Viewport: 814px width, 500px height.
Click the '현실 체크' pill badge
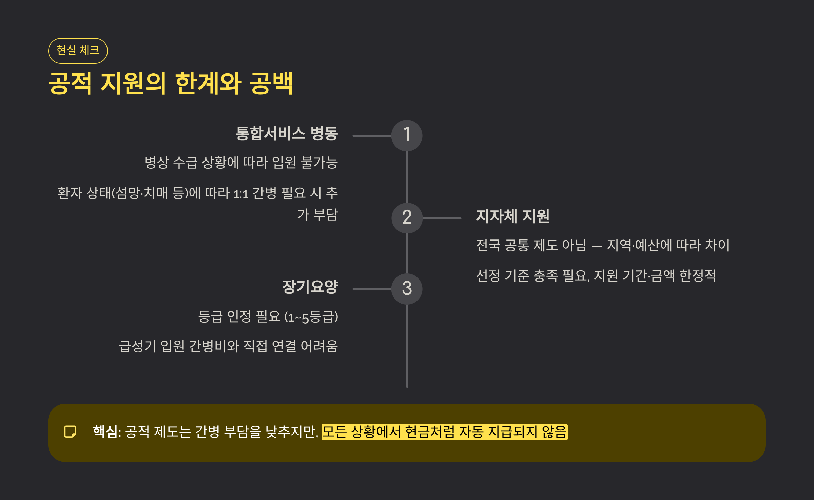coord(78,51)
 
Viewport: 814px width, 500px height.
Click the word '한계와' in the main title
coord(208,83)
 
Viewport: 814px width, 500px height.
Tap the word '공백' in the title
coord(271,83)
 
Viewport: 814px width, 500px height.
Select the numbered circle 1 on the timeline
coord(407,135)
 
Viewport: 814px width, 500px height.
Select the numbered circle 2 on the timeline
coord(407,218)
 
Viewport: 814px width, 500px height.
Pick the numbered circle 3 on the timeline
coord(407,289)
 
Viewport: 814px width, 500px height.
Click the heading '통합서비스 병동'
coord(287,133)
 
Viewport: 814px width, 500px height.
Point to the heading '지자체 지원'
coord(512,216)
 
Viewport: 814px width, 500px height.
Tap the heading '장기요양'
coord(310,287)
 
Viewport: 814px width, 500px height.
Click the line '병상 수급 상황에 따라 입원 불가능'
coord(241,162)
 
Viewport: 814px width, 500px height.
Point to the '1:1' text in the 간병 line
coord(241,194)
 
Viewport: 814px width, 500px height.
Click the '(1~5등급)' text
coord(311,317)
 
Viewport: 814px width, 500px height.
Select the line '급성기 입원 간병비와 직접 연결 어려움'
coord(228,346)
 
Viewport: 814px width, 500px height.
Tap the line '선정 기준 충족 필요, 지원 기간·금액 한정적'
coord(596,275)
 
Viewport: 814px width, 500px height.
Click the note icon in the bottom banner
coord(70,432)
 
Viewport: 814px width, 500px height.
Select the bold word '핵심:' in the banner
coord(107,432)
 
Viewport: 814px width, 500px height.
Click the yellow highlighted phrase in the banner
coord(444,432)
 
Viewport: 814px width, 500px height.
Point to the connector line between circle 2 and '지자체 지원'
coord(442,218)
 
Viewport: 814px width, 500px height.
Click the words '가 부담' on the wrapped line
coord(317,215)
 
